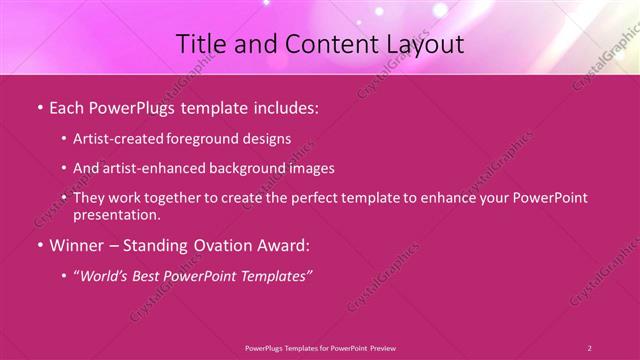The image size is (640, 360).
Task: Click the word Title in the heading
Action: click(202, 44)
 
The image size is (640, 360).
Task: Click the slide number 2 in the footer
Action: click(589, 347)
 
